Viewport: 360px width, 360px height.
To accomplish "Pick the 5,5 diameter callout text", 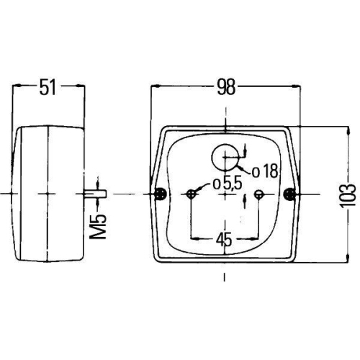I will pyautogui.click(x=228, y=183).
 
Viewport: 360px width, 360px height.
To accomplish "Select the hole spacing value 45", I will pyautogui.click(x=224, y=240).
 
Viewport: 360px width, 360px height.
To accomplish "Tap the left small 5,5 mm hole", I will pyautogui.click(x=191, y=194).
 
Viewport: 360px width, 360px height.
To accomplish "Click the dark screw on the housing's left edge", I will pyautogui.click(x=160, y=194).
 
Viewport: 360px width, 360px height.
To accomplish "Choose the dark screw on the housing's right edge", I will pyautogui.click(x=289, y=194).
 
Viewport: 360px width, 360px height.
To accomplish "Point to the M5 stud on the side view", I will pyautogui.click(x=94, y=194).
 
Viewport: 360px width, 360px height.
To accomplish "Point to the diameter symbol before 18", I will pyautogui.click(x=256, y=171).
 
